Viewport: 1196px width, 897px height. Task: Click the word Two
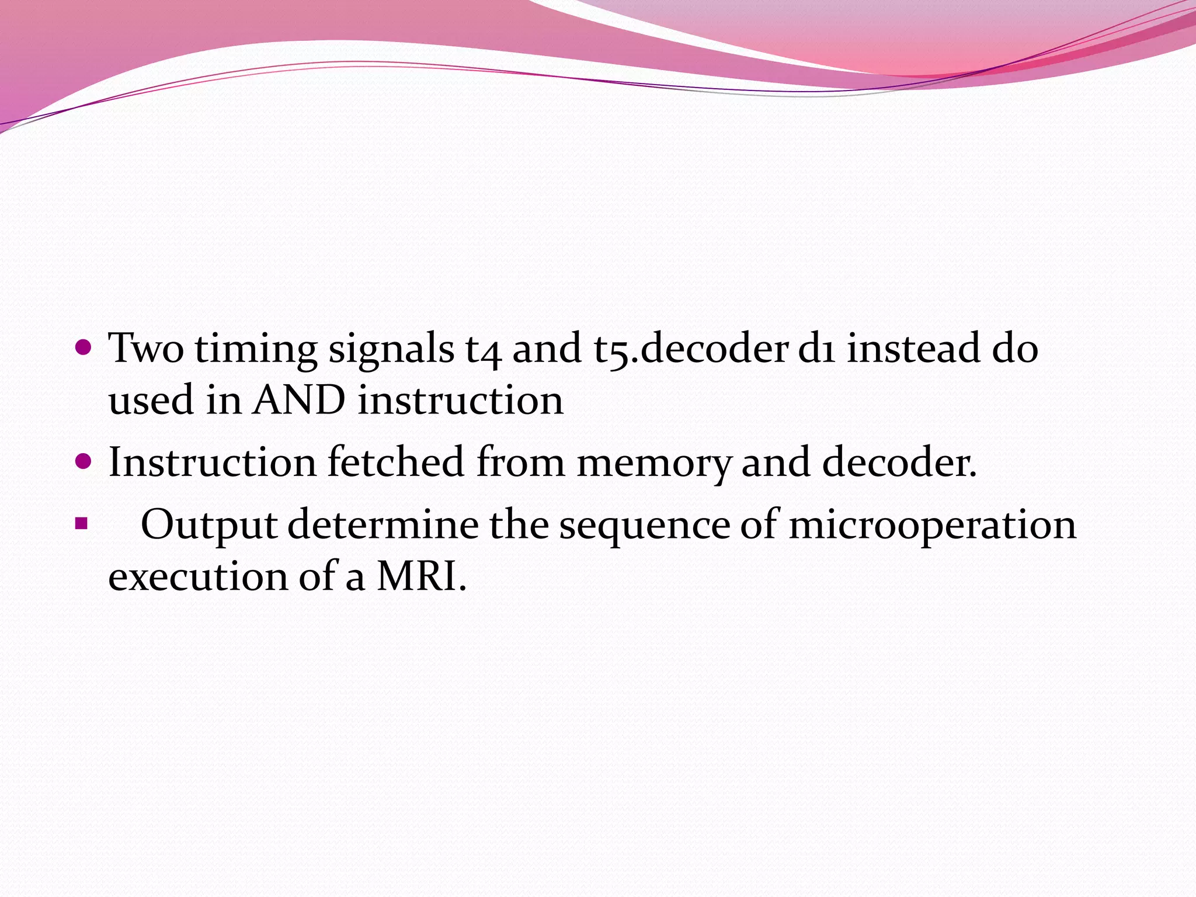pos(146,349)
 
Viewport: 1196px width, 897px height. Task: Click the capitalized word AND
pos(299,401)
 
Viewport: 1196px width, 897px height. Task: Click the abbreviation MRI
pos(422,577)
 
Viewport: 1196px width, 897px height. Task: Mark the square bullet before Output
pos(81,522)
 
